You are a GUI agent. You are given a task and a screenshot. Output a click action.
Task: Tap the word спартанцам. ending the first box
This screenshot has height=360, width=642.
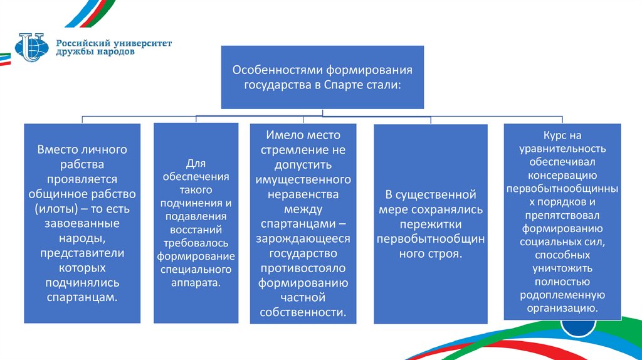82,297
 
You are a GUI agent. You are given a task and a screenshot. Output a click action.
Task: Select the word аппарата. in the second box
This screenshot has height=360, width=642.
196,283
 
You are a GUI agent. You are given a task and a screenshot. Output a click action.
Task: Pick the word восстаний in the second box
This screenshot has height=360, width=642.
196,229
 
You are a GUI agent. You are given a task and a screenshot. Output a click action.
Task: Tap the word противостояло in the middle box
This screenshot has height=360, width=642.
303,268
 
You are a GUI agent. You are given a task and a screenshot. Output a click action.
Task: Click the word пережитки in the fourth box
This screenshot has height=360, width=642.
429,224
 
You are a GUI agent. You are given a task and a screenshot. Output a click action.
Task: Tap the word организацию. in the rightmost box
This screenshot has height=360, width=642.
562,308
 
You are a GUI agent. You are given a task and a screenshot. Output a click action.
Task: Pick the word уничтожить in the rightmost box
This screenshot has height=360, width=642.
562,268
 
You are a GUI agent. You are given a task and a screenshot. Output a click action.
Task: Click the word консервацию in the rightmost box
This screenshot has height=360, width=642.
562,175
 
